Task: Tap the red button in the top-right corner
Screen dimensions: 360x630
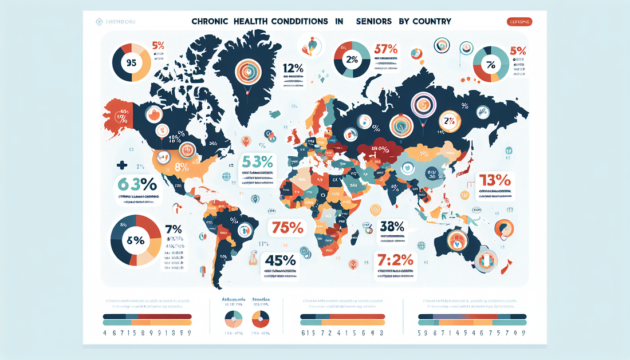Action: tap(519, 22)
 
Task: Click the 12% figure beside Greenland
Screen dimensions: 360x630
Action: tap(293, 69)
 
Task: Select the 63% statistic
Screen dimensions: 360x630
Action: tap(137, 185)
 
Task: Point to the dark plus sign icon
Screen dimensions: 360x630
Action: tap(121, 165)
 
